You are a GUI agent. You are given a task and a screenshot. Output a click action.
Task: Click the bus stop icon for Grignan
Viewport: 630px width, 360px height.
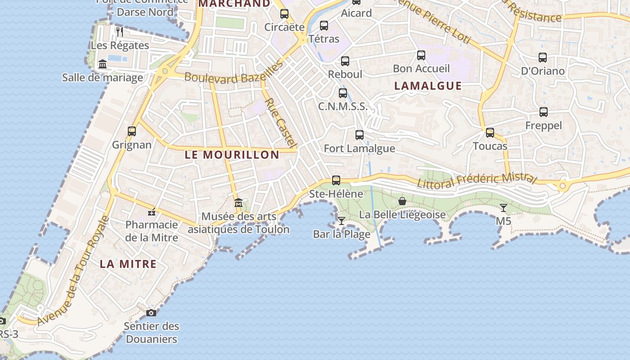coord(132,131)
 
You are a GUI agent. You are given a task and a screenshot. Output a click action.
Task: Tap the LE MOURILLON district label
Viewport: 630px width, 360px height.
coord(232,155)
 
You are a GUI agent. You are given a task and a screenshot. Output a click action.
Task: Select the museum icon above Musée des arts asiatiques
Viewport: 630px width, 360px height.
coord(238,203)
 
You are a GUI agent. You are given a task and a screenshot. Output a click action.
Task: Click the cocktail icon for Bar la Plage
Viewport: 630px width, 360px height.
coord(342,220)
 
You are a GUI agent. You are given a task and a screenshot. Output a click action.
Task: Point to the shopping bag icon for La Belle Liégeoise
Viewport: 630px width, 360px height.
coord(402,201)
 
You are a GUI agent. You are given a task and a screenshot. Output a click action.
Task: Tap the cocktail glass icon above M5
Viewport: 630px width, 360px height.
coord(503,207)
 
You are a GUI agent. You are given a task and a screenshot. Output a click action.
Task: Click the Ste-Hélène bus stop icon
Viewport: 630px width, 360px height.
coord(336,180)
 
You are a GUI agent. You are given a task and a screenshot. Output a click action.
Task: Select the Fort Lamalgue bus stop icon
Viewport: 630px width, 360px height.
coord(360,135)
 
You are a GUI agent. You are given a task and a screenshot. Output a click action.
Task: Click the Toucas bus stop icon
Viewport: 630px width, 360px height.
coord(490,133)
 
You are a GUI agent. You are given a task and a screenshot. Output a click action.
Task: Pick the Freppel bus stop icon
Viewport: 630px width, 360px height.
coord(544,112)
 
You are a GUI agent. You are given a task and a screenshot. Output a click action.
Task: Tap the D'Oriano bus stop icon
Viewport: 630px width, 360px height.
coord(543,58)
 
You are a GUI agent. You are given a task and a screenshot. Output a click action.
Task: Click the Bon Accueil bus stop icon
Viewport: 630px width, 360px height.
coord(421,55)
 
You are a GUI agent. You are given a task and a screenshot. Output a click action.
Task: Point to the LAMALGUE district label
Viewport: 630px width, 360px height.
coord(428,86)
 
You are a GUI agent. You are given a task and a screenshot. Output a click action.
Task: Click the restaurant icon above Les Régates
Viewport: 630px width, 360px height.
coord(120,31)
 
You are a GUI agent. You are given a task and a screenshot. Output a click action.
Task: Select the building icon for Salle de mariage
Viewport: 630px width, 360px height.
coord(103,64)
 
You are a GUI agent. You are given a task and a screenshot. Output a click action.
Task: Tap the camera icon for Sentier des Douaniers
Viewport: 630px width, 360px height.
coord(151,313)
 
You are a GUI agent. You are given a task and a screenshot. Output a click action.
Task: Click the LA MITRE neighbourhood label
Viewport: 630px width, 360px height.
coord(128,264)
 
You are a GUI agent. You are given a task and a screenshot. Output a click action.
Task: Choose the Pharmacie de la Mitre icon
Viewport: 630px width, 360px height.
coord(152,211)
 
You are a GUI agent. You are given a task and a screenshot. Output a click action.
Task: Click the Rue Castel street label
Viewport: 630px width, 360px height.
coord(280,122)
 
